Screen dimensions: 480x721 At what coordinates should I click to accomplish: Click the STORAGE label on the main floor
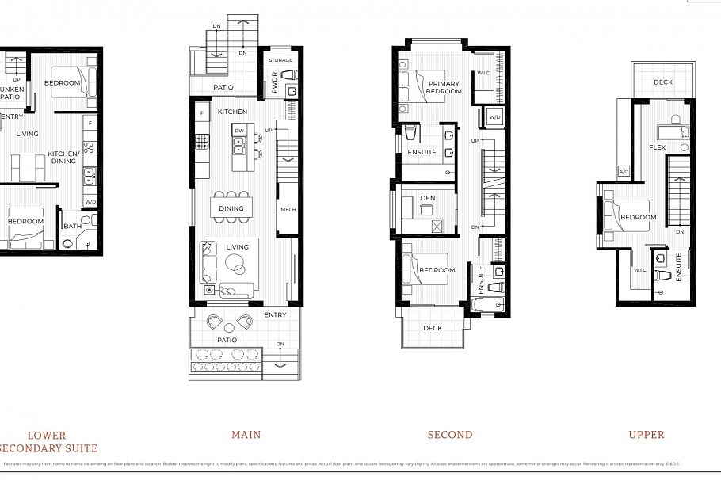280,60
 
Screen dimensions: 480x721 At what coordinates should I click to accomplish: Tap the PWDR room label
274,85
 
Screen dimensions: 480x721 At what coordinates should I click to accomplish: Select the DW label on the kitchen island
238,131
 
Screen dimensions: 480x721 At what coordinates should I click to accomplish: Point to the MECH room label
287,210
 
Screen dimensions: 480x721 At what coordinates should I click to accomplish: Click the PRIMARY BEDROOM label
444,87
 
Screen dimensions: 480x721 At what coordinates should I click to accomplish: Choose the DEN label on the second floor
428,199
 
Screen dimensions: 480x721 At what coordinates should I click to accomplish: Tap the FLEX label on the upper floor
657,148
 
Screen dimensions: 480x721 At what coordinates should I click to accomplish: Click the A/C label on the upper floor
624,172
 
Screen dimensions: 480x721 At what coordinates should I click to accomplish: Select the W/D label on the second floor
494,117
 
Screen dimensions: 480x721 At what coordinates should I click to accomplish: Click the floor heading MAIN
246,434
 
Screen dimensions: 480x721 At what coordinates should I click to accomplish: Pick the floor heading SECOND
450,434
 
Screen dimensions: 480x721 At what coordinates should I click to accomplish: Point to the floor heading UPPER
647,434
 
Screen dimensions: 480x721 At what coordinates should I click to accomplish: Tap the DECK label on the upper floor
663,82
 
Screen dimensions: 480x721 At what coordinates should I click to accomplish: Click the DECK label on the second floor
433,328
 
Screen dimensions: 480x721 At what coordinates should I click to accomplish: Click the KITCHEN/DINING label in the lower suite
63,157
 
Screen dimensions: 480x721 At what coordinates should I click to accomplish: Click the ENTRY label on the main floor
275,315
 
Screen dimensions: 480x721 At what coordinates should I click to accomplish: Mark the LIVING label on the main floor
237,247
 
